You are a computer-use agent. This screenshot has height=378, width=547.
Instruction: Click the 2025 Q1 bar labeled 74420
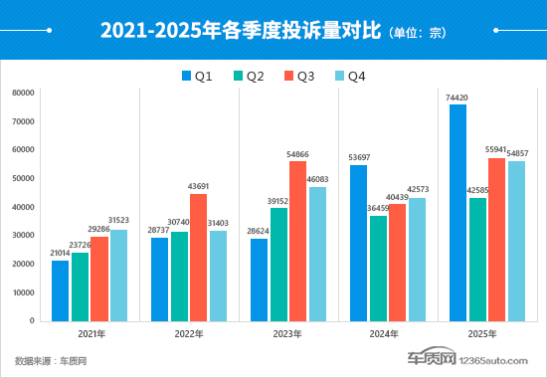[457, 213]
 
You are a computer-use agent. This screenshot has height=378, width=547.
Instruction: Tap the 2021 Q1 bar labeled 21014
[61, 290]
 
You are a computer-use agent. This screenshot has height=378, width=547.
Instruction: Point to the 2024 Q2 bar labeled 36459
[378, 268]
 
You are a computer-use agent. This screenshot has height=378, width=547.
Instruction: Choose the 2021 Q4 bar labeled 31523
[118, 276]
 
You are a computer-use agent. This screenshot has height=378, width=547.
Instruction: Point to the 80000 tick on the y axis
[23, 93]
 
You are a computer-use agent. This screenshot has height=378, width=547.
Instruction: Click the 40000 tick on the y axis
[23, 207]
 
